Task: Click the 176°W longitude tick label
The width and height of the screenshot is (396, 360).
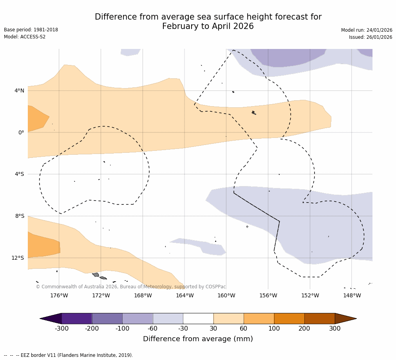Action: (59, 295)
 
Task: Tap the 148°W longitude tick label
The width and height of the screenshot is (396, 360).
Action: (352, 295)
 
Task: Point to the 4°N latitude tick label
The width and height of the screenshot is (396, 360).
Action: (20, 90)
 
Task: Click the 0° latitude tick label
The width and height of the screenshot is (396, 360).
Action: (22, 132)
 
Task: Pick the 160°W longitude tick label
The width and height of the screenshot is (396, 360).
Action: (226, 295)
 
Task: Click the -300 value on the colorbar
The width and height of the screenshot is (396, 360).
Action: (62, 329)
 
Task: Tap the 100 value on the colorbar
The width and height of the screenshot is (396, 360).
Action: (274, 329)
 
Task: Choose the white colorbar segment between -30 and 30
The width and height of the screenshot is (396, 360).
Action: (198, 318)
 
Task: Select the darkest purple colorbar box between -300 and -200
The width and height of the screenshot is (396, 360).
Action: (77, 318)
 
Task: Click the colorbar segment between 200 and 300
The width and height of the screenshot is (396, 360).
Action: (320, 318)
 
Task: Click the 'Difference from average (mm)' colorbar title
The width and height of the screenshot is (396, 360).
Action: (198, 339)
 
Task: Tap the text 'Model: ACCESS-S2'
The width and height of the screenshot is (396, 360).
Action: (25, 37)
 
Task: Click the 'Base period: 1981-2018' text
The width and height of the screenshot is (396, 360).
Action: (31, 30)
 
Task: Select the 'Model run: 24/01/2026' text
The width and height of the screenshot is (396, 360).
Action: (367, 30)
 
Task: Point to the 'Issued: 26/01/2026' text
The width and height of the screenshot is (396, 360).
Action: (371, 37)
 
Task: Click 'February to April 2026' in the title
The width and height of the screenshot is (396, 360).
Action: (208, 26)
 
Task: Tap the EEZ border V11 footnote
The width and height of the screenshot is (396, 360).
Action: (69, 355)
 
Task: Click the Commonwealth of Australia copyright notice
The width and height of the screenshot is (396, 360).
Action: (131, 287)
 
